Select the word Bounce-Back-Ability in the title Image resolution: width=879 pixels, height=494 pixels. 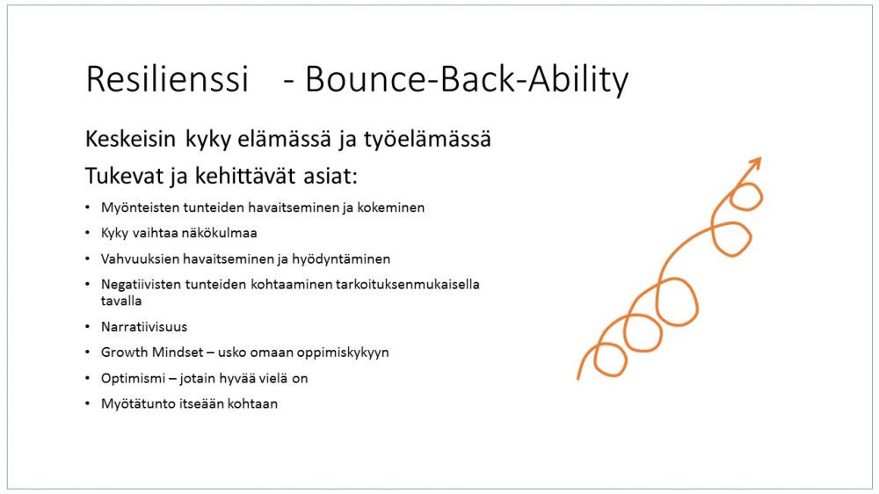pyautogui.click(x=467, y=80)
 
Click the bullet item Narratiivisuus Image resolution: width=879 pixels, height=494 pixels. pyautogui.click(x=144, y=327)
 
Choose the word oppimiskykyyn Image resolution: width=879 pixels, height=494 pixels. pyautogui.click(x=345, y=352)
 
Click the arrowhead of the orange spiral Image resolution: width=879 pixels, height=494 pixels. pyautogui.click(x=754, y=164)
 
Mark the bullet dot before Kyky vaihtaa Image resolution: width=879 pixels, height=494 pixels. pyautogui.click(x=87, y=234)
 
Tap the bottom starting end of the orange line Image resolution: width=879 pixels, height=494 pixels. pyautogui.click(x=578, y=378)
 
